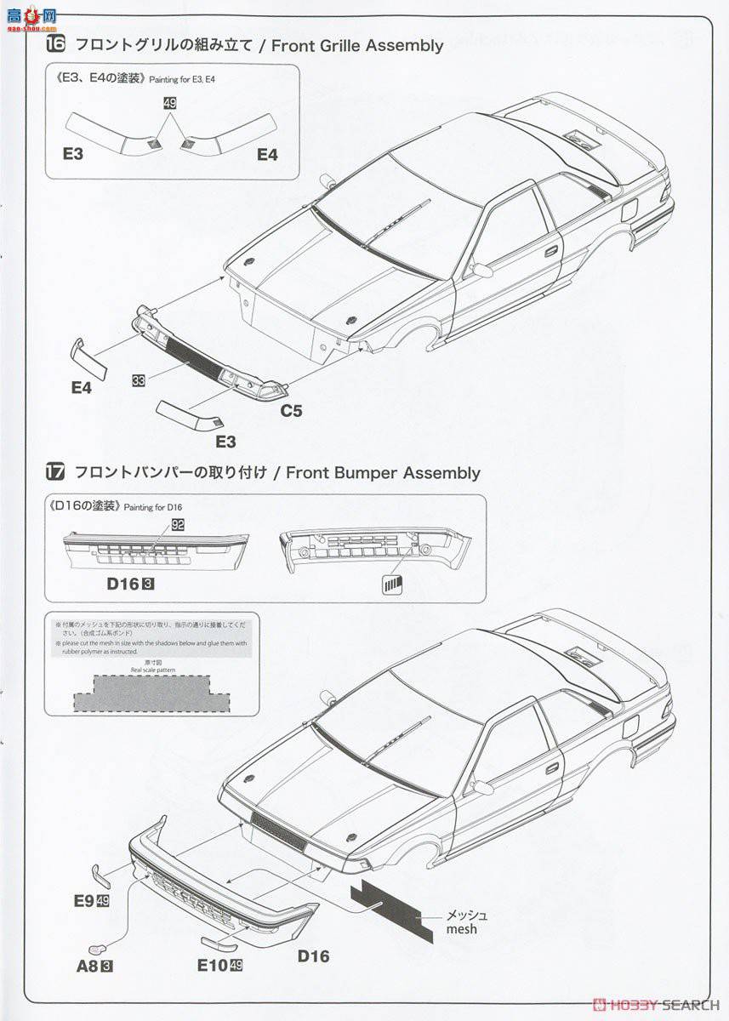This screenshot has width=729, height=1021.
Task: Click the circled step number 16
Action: (56, 45)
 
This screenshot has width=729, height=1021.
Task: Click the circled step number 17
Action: (56, 472)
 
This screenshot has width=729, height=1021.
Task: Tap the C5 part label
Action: (292, 410)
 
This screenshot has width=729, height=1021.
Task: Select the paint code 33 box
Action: (138, 380)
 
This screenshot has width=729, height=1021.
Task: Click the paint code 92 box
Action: (178, 526)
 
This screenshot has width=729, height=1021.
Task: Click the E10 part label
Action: (213, 965)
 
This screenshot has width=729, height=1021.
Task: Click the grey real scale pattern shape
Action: (151, 693)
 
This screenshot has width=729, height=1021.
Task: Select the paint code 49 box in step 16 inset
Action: (169, 103)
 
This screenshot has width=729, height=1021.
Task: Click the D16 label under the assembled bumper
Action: (313, 956)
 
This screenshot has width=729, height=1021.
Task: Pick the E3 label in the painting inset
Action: (73, 154)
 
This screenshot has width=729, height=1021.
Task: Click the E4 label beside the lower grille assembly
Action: (82, 388)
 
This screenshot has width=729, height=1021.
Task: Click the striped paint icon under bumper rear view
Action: (391, 584)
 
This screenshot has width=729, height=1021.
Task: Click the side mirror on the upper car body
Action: (482, 271)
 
